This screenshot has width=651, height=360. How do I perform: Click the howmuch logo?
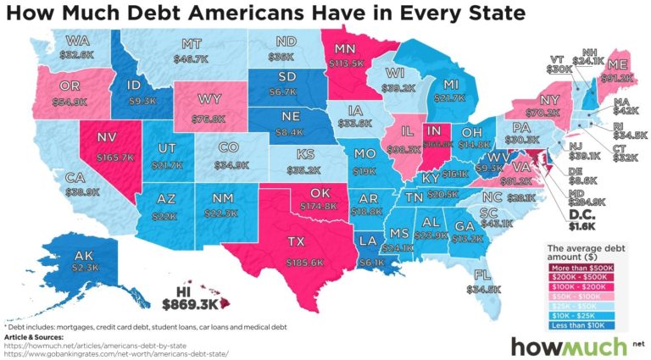point(566,346)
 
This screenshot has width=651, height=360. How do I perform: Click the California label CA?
point(53,180)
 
